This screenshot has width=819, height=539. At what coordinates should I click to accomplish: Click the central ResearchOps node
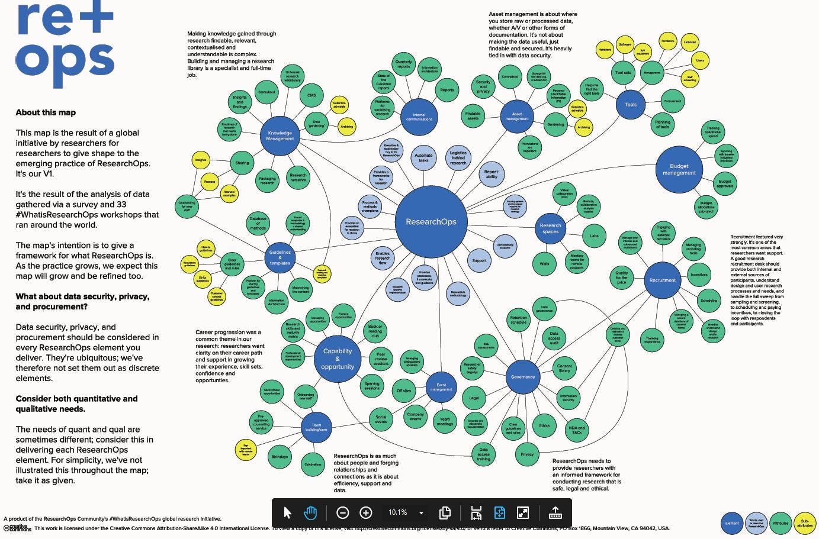pyautogui.click(x=431, y=222)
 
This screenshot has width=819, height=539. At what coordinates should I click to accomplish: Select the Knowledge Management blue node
pyautogui.click(x=280, y=136)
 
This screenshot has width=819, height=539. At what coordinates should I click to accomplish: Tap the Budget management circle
pyautogui.click(x=679, y=170)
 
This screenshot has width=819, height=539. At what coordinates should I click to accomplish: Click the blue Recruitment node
pyautogui.click(x=662, y=280)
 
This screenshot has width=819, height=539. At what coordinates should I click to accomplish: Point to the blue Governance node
pyautogui.click(x=523, y=376)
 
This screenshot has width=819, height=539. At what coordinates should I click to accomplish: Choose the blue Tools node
pyautogui.click(x=631, y=105)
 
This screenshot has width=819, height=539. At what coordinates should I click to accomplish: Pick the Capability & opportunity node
pyautogui.click(x=338, y=359)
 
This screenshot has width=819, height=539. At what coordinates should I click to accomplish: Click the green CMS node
pyautogui.click(x=311, y=95)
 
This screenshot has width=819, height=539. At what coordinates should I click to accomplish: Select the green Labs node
pyautogui.click(x=594, y=235)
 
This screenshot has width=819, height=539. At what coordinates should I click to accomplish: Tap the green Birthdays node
pyautogui.click(x=280, y=457)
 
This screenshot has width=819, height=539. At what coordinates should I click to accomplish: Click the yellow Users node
pyautogui.click(x=700, y=60)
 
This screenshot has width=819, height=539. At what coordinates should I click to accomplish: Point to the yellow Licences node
pyautogui.click(x=689, y=42)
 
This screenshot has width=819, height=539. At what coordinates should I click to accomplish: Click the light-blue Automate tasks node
pyautogui.click(x=423, y=158)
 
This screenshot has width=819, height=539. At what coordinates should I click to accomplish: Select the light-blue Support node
pyautogui.click(x=479, y=260)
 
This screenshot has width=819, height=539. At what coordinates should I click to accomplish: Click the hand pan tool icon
pyautogui.click(x=310, y=512)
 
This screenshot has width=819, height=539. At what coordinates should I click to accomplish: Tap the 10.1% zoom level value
pyautogui.click(x=398, y=512)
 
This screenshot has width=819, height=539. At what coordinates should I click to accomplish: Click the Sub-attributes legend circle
pyautogui.click(x=805, y=523)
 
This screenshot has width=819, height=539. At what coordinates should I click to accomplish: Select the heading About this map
pyautogui.click(x=46, y=112)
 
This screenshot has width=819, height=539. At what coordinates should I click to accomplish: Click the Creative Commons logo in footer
pyautogui.click(x=17, y=528)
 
